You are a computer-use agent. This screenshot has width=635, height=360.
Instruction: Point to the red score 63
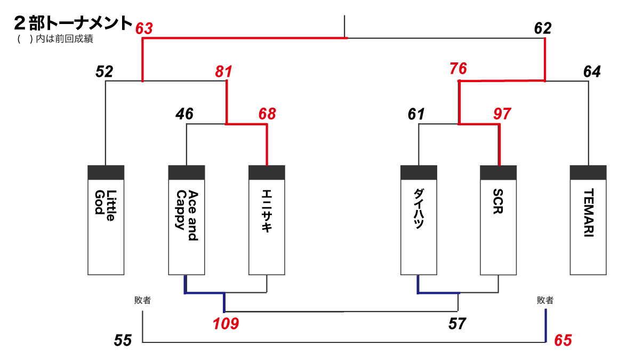(x=144, y=28)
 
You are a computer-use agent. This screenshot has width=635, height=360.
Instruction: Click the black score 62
(x=543, y=28)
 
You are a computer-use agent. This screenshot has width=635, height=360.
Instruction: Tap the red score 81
(x=224, y=71)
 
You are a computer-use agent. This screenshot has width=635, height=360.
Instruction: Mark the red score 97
(x=502, y=114)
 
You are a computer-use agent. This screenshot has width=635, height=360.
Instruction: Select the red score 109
(x=226, y=323)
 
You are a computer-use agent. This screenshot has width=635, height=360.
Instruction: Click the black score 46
(x=184, y=114)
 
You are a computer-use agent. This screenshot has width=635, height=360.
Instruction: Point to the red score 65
(x=563, y=340)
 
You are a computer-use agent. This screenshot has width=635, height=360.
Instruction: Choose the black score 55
(x=123, y=340)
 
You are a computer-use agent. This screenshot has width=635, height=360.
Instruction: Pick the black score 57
(x=457, y=323)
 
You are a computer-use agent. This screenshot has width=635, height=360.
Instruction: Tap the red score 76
(x=458, y=69)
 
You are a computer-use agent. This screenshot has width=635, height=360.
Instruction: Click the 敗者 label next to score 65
(x=545, y=301)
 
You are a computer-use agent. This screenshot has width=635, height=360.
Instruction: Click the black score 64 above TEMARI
(x=592, y=71)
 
